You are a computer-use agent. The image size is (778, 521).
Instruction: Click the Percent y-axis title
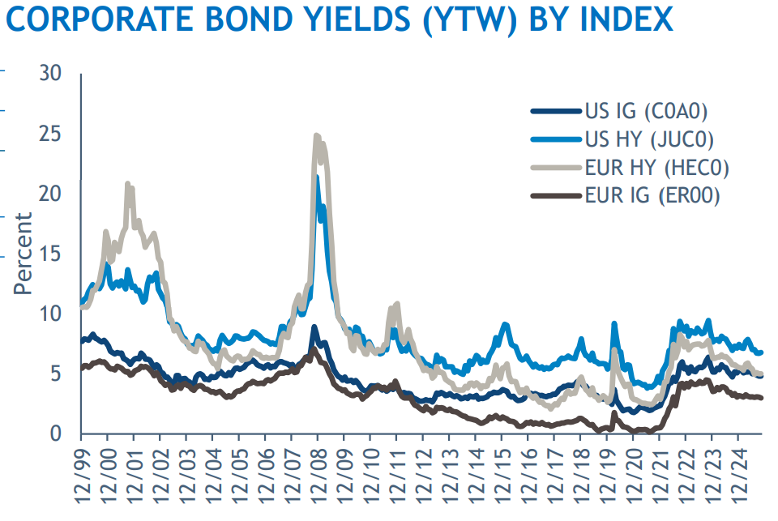click(23, 254)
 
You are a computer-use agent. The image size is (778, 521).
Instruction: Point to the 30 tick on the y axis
click(50, 73)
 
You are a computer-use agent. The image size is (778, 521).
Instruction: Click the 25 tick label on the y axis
click(50, 133)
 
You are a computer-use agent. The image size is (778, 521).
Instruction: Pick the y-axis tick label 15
click(50, 254)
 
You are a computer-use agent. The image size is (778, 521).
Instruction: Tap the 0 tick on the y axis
click(56, 434)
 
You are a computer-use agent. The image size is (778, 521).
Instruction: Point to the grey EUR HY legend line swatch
click(555, 168)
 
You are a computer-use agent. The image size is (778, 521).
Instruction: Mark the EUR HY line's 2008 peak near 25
click(317, 136)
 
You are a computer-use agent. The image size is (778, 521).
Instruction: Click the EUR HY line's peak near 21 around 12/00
click(128, 184)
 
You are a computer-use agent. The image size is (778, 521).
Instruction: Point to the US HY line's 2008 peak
click(318, 177)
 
